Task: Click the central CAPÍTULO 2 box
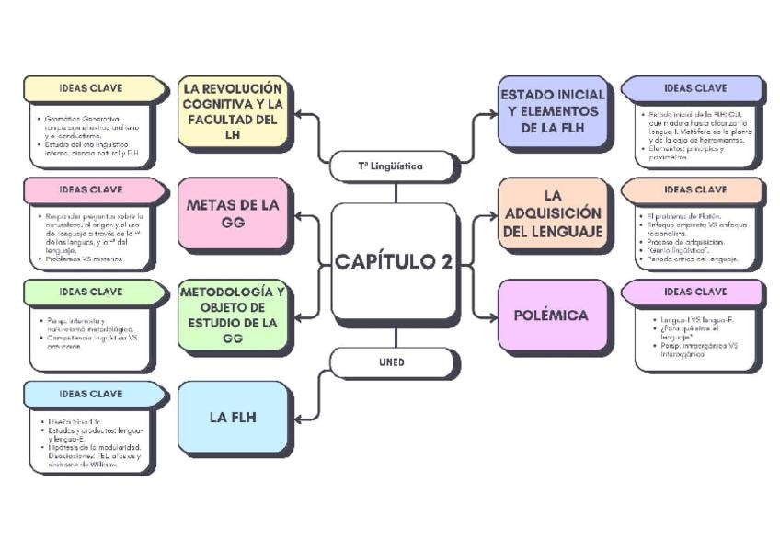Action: click(394, 261)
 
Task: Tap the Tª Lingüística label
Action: click(391, 166)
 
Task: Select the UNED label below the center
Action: click(391, 362)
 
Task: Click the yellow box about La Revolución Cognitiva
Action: click(232, 112)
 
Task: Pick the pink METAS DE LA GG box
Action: click(232, 213)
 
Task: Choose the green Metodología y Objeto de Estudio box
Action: click(232, 315)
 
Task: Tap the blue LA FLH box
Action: click(232, 417)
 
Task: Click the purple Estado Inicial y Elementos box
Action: click(552, 111)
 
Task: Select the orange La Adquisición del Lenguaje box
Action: click(552, 213)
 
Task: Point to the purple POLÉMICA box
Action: click(552, 316)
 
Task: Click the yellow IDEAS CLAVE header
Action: click(92, 88)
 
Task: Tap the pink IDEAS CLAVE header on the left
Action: click(92, 189)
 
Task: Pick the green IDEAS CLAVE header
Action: click(92, 292)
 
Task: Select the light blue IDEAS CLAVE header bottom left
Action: click(92, 394)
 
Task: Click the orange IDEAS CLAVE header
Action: click(694, 189)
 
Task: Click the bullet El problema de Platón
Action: click(684, 215)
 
